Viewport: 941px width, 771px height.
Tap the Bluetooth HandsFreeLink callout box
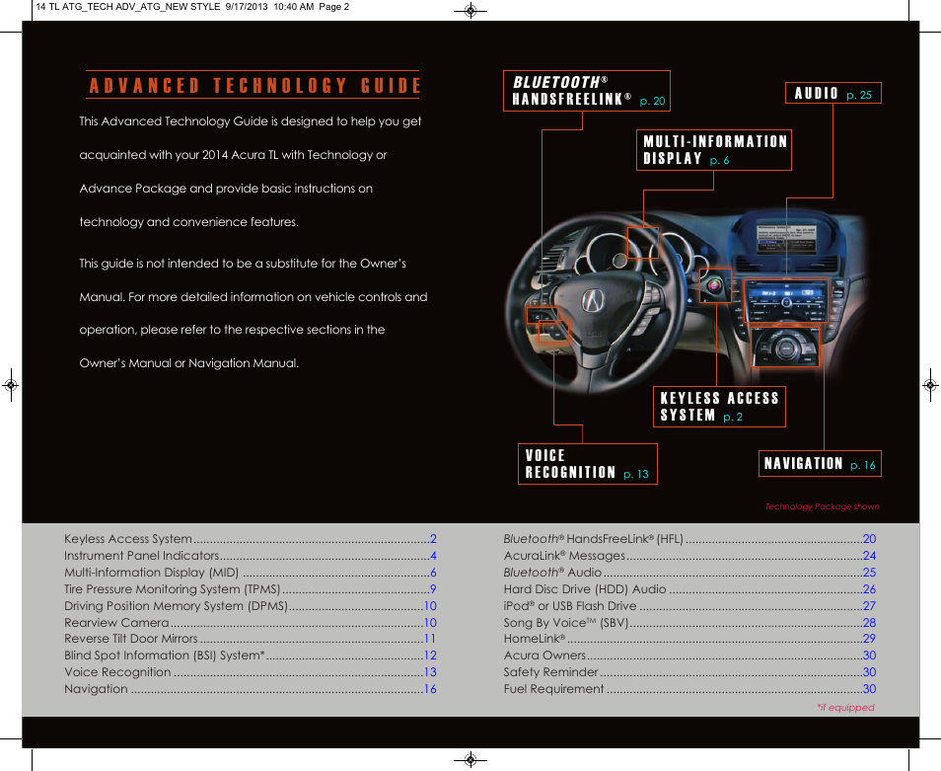[586, 90]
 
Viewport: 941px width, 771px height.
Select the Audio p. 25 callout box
[832, 94]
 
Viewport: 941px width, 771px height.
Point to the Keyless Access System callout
[719, 407]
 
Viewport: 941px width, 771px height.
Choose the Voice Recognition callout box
[587, 464]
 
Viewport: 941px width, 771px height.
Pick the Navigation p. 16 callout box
[819, 463]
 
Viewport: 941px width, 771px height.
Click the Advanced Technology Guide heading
[254, 85]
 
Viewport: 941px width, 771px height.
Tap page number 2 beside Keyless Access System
[433, 539]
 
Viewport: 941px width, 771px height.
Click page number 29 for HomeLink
[869, 639]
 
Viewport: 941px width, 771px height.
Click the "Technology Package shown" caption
[822, 506]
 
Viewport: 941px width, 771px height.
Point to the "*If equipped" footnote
[845, 707]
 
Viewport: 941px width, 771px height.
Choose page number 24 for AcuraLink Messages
[869, 556]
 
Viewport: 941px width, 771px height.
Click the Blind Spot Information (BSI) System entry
[165, 655]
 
